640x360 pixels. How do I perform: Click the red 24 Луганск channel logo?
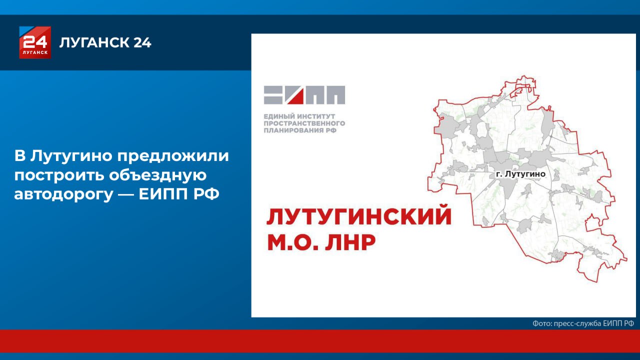click(35, 42)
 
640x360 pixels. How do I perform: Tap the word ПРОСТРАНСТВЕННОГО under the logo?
click(304, 123)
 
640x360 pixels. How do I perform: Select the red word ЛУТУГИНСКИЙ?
click(359, 217)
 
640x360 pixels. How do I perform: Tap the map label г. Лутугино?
click(520, 174)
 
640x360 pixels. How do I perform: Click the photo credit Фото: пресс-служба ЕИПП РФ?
click(583, 323)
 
